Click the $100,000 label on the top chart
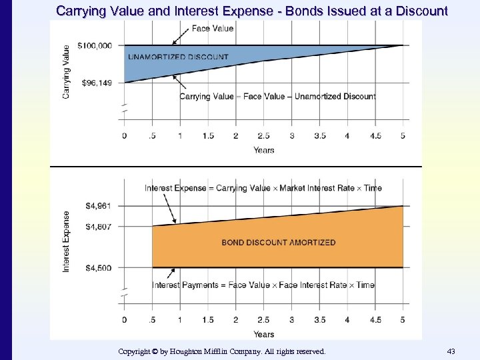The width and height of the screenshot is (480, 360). pyautogui.click(x=95, y=45)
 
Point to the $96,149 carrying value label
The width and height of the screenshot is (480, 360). pyautogui.click(x=97, y=83)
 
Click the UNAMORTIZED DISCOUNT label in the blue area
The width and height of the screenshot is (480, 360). pyautogui.click(x=177, y=57)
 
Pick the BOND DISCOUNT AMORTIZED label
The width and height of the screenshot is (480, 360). pyautogui.click(x=279, y=243)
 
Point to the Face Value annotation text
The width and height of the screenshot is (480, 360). pyautogui.click(x=212, y=28)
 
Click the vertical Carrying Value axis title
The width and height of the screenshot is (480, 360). pyautogui.click(x=66, y=71)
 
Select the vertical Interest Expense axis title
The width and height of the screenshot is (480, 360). pyautogui.click(x=66, y=241)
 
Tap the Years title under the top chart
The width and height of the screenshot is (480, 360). pyautogui.click(x=264, y=150)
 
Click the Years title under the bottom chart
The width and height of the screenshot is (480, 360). pyautogui.click(x=264, y=334)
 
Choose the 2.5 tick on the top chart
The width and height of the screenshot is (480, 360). pyautogui.click(x=263, y=136)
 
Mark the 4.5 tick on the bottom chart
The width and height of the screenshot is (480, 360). pyautogui.click(x=375, y=320)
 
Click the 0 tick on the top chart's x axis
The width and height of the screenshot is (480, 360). pyautogui.click(x=124, y=136)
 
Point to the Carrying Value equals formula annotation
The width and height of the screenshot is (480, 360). pyautogui.click(x=277, y=97)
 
